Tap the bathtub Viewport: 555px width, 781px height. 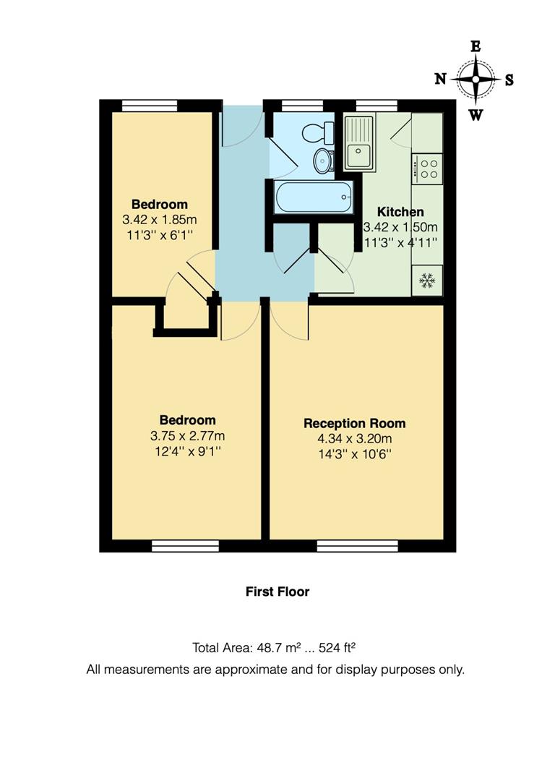pyautogui.click(x=314, y=196)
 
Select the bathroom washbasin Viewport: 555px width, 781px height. pyautogui.click(x=322, y=160)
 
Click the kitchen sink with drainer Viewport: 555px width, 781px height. pyautogui.click(x=358, y=143)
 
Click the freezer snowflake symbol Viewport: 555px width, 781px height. pyautogui.click(x=427, y=280)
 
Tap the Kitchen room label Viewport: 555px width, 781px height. pyautogui.click(x=400, y=212)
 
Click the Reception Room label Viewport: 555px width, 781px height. pyautogui.click(x=354, y=423)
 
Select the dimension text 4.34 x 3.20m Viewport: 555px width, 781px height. pyautogui.click(x=354, y=438)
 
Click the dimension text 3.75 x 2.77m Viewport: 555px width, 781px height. pyautogui.click(x=187, y=435)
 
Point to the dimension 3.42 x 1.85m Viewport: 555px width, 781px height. pyautogui.click(x=160, y=219)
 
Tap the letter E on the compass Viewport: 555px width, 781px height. pyautogui.click(x=476, y=46)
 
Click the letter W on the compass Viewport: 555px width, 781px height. pyautogui.click(x=476, y=114)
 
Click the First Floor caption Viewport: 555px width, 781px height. pyautogui.click(x=277, y=592)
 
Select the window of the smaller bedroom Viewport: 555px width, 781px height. pyautogui.click(x=150, y=106)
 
